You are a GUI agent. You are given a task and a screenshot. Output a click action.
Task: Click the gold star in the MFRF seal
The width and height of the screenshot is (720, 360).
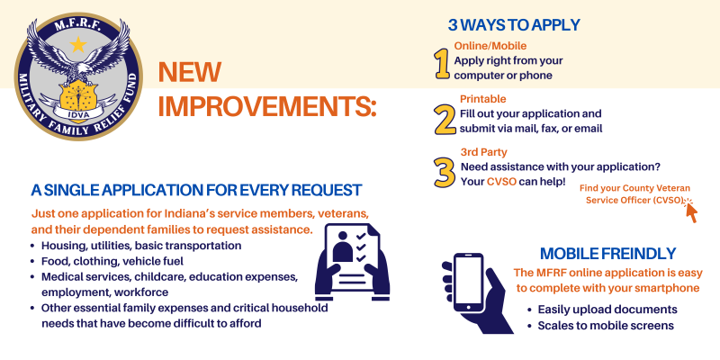coord(78,44)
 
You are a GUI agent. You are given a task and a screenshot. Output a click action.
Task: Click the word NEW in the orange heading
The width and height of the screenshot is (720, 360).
coord(190,73)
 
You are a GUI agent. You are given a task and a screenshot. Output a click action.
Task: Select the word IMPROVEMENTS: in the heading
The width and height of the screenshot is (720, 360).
coord(267,107)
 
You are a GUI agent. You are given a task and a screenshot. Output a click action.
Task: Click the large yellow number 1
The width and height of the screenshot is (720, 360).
coord(442,64)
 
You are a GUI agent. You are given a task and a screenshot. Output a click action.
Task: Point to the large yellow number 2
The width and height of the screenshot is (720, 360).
coord(445,119)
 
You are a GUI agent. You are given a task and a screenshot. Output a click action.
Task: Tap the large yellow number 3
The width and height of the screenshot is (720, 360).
coord(444,172)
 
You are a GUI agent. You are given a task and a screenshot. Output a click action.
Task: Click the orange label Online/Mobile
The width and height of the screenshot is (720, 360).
coord(490,46)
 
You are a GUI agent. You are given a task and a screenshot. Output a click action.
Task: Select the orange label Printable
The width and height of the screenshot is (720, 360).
coord(483,99)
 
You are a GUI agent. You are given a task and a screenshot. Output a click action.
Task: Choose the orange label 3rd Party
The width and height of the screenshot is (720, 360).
coord(484,152)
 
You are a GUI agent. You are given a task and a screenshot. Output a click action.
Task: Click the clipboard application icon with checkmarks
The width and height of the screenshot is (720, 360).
coord(353,262)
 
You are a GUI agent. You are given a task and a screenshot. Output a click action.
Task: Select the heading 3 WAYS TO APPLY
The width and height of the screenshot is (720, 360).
coord(514,25)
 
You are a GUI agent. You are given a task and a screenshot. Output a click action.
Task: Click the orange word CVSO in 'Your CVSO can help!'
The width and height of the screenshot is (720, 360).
coord(502,182)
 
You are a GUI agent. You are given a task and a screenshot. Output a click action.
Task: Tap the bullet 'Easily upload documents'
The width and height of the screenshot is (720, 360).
coord(607,310)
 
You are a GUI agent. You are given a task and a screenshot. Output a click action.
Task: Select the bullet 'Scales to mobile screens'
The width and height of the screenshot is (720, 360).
coord(606,326)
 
